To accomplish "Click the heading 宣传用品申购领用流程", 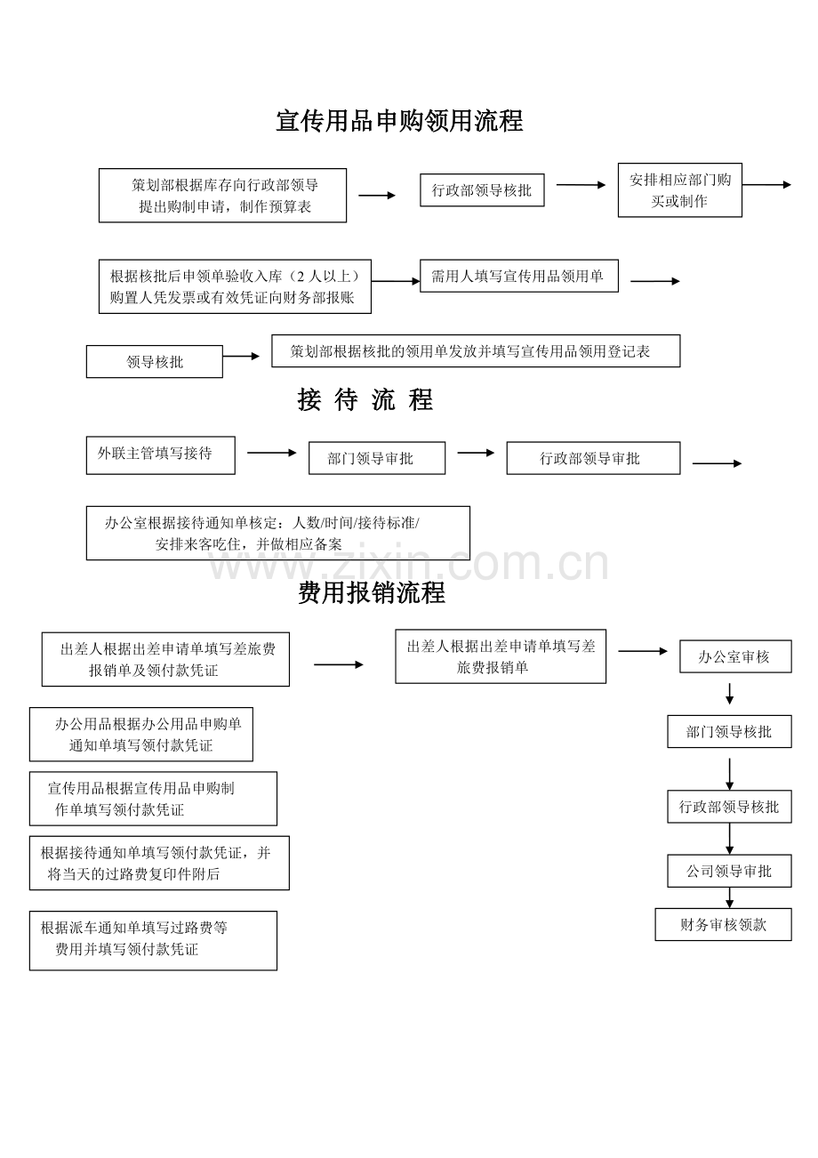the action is (x=399, y=121).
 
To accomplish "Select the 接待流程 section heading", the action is (x=365, y=399).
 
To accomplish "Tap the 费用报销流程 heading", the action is (x=372, y=592).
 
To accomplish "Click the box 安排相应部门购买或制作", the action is (x=680, y=190).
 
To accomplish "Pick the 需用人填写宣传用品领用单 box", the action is (x=518, y=276).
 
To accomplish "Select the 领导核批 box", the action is (x=155, y=362).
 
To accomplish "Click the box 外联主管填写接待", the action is (x=161, y=455).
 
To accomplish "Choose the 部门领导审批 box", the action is (x=377, y=458).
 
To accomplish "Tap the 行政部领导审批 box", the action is (x=593, y=458).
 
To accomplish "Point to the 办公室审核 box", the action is (x=735, y=656).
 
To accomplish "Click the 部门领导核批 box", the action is (x=729, y=731).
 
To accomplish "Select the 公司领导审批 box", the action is (x=729, y=871).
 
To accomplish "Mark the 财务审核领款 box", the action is (x=723, y=925).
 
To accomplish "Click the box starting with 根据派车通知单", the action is (x=153, y=941).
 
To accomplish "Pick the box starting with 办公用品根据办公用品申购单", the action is (x=141, y=734).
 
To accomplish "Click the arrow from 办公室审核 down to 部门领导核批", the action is (x=730, y=694).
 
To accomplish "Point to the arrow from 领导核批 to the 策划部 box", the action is (x=241, y=356).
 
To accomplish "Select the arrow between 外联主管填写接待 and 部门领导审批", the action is (x=272, y=453).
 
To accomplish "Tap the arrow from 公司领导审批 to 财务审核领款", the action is (x=730, y=898).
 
